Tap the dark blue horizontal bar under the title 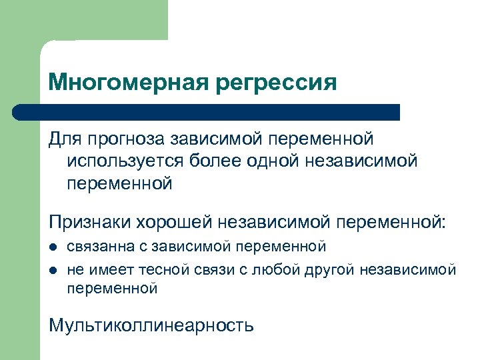click(207, 112)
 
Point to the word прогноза click(125, 140)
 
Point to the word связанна click(101, 247)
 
